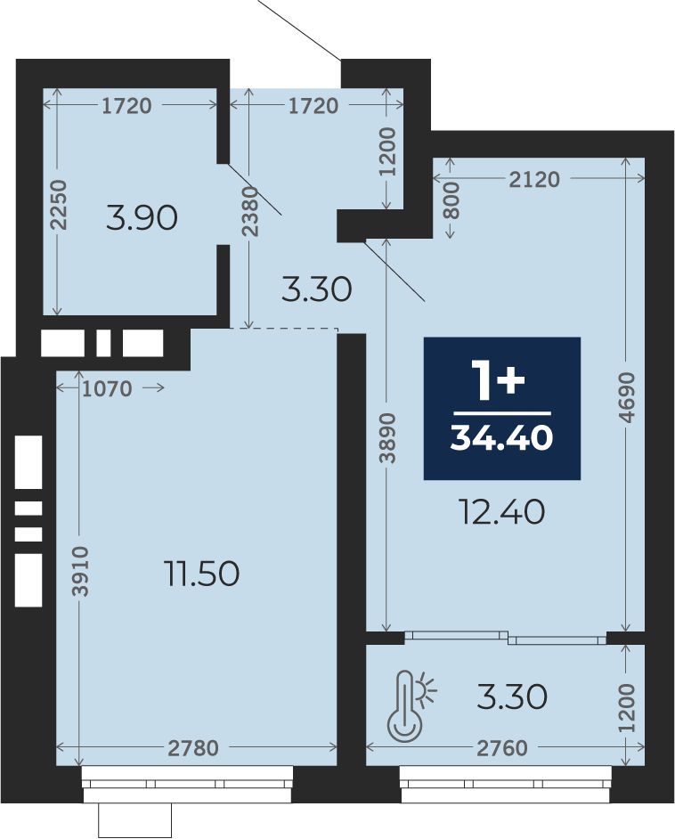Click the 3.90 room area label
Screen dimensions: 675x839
tap(142, 218)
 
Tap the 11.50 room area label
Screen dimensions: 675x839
tap(203, 574)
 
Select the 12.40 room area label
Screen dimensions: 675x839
tap(502, 511)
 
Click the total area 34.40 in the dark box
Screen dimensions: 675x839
tap(501, 438)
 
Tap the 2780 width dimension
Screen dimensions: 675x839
tap(193, 748)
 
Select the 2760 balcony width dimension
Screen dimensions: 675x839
tap(502, 748)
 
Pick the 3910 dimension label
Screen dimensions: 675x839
tap(81, 571)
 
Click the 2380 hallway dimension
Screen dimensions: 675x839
tap(250, 211)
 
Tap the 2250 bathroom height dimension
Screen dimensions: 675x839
tap(60, 205)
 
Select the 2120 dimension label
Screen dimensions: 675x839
tap(534, 180)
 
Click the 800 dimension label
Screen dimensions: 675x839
tap(451, 200)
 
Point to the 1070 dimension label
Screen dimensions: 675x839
tap(107, 389)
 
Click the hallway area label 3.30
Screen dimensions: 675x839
tap(317, 289)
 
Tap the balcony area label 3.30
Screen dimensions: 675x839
tap(512, 696)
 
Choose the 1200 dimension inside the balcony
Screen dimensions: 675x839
tap(626, 707)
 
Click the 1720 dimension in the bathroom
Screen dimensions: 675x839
tap(126, 106)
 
